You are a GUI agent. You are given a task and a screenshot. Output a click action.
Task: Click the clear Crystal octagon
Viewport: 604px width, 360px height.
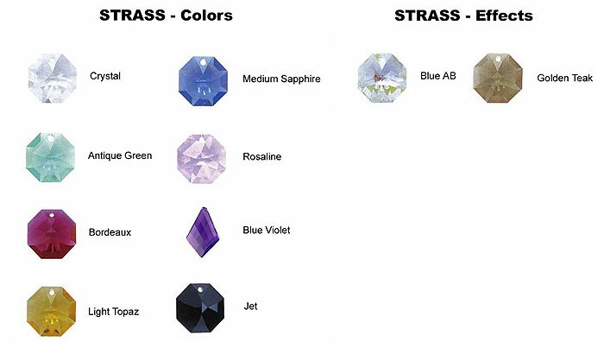point(53,79)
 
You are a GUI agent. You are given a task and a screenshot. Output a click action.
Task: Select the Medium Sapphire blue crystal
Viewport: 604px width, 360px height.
point(203,80)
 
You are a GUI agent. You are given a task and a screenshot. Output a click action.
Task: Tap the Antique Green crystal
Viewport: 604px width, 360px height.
point(50,157)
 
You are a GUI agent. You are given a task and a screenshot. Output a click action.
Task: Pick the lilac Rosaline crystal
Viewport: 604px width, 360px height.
point(201,159)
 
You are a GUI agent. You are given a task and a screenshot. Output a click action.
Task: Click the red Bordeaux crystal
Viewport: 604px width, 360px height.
point(52,234)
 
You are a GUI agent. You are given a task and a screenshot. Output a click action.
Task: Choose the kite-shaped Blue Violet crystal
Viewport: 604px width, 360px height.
point(203,232)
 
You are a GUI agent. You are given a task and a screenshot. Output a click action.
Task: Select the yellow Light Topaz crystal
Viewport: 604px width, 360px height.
point(51,311)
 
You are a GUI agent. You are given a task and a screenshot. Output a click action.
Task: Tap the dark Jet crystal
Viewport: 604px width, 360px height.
point(200,308)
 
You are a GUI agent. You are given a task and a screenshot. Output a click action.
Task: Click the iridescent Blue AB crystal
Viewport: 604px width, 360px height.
point(382,78)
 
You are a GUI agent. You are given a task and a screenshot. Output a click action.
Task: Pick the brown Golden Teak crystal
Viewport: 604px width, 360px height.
point(498,78)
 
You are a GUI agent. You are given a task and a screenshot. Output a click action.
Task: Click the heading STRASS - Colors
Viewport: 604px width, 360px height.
point(166,16)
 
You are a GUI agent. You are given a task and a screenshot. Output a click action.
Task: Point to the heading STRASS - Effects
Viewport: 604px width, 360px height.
point(464,16)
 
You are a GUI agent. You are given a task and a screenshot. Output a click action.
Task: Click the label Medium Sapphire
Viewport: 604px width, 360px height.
point(281,79)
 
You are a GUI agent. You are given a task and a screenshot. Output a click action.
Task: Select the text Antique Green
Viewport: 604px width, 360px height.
point(120,155)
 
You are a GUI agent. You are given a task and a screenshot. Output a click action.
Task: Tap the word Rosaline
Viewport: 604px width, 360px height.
point(262,156)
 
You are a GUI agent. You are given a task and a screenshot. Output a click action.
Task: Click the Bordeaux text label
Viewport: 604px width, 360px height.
point(110,232)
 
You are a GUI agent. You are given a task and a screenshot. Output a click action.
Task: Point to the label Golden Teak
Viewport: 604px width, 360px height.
point(564,79)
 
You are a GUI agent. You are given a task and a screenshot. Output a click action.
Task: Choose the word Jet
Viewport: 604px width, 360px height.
point(250,306)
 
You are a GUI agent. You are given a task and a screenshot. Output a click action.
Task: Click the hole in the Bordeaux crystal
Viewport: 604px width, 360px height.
point(52,214)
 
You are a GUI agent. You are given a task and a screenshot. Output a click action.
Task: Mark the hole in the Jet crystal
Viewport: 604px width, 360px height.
point(200,289)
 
